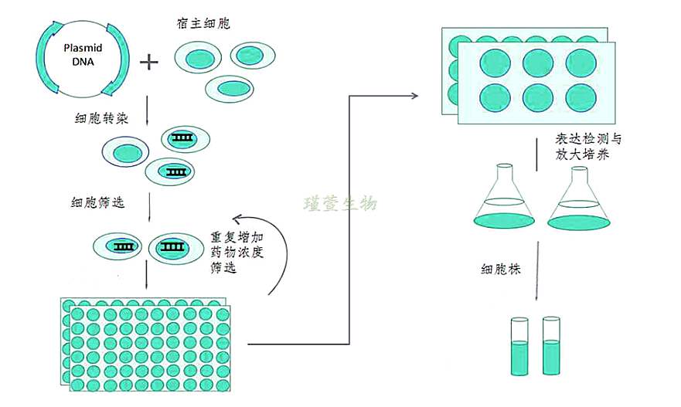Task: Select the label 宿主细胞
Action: (x=203, y=24)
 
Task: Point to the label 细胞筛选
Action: (x=96, y=202)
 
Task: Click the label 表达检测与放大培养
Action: (x=587, y=147)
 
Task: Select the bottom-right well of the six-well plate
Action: (x=581, y=98)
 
